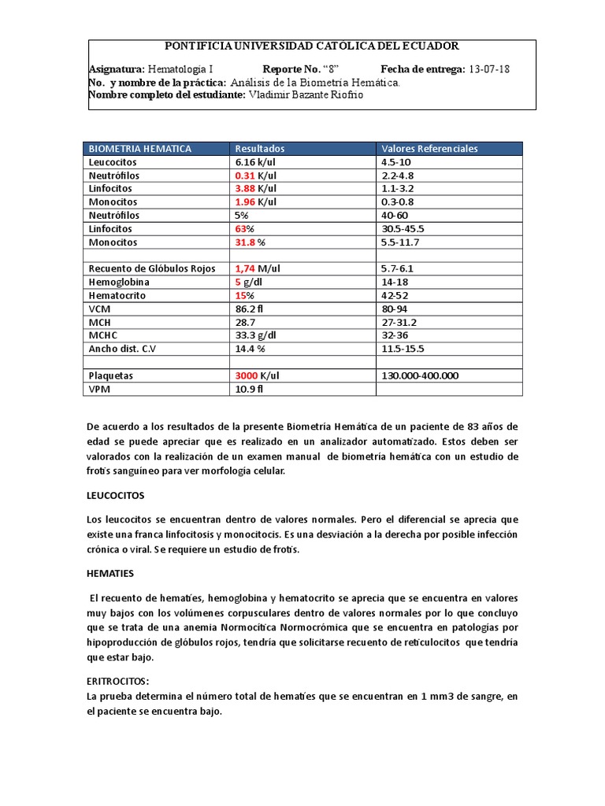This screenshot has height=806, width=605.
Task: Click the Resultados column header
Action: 259,148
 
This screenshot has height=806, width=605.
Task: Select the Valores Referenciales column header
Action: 429,148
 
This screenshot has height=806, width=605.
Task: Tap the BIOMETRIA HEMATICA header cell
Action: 140,148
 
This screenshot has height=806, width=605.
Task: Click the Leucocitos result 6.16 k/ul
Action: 258,161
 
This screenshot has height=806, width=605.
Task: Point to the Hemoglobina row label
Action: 119,282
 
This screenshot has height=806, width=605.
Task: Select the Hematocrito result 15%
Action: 246,295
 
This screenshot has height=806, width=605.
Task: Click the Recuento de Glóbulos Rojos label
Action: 151,268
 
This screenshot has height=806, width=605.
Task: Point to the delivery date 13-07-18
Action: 488,68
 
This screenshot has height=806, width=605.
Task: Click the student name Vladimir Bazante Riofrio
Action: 306,95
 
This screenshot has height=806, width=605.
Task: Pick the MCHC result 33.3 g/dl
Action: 256,335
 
